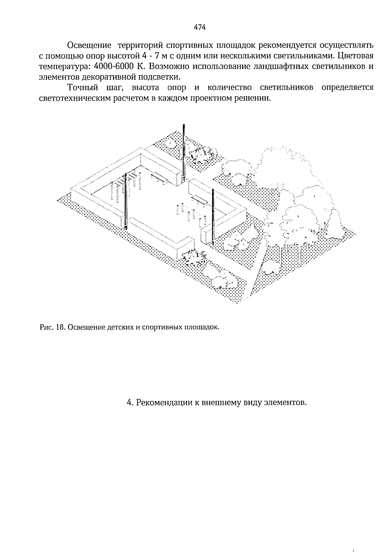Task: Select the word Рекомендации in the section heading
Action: (164, 403)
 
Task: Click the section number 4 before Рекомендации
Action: (129, 403)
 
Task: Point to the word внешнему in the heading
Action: (222, 403)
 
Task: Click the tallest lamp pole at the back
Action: (184, 153)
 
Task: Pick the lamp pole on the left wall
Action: (125, 202)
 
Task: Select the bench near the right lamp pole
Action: (199, 199)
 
